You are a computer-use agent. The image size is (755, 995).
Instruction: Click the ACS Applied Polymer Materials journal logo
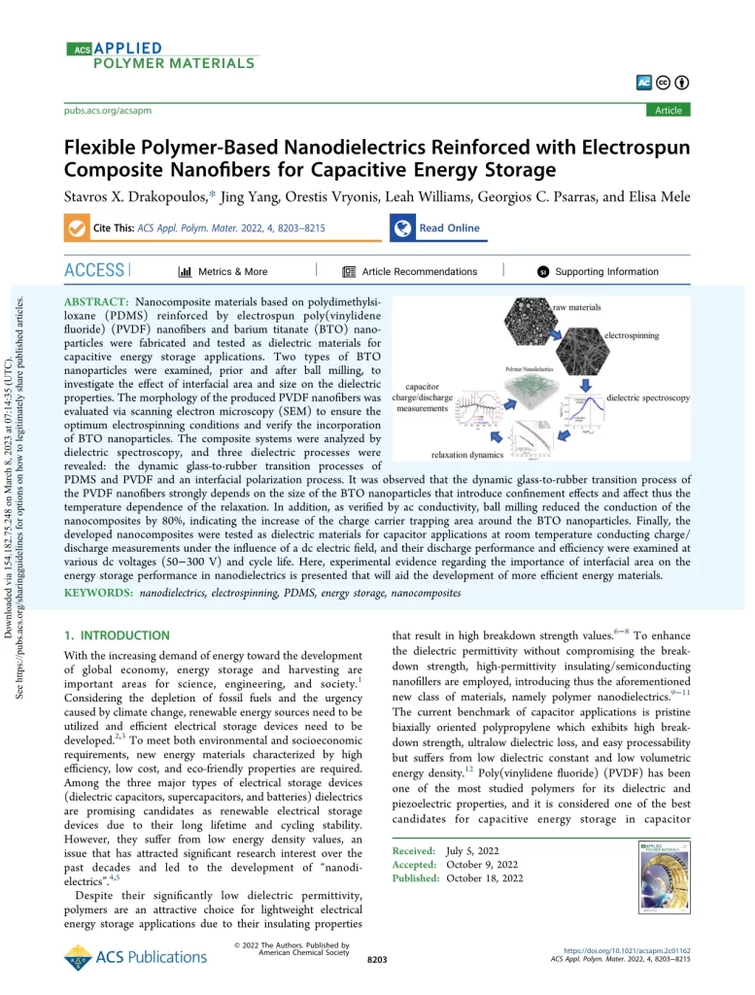[161, 55]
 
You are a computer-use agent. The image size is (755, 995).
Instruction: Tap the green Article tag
[668, 110]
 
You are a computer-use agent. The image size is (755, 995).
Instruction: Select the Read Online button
[449, 228]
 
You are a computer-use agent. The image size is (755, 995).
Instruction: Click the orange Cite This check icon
[75, 228]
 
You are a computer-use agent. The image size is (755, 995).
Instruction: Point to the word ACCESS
[93, 271]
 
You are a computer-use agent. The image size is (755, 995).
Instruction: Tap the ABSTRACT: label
[98, 304]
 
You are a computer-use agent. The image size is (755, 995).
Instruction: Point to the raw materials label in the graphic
[580, 307]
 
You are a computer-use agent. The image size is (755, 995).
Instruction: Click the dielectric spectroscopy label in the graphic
[648, 398]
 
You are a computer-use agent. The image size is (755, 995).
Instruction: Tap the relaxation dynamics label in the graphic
[467, 453]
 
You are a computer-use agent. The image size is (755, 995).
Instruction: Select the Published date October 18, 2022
[484, 878]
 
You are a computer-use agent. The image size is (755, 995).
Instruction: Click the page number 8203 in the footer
[377, 960]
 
